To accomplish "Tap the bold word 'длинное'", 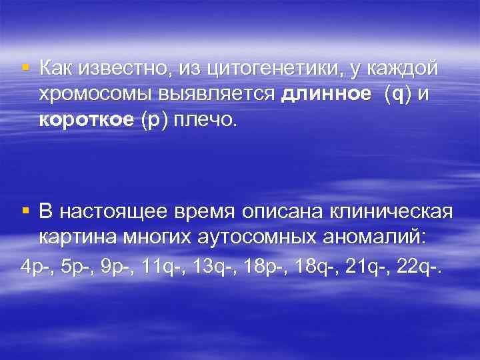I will [326, 95].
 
